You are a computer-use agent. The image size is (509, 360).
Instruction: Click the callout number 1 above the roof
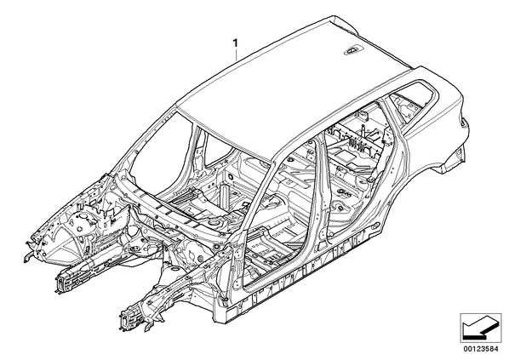click(x=235, y=43)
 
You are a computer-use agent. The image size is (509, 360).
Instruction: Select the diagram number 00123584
click(x=482, y=350)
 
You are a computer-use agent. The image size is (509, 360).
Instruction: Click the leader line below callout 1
click(x=237, y=54)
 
